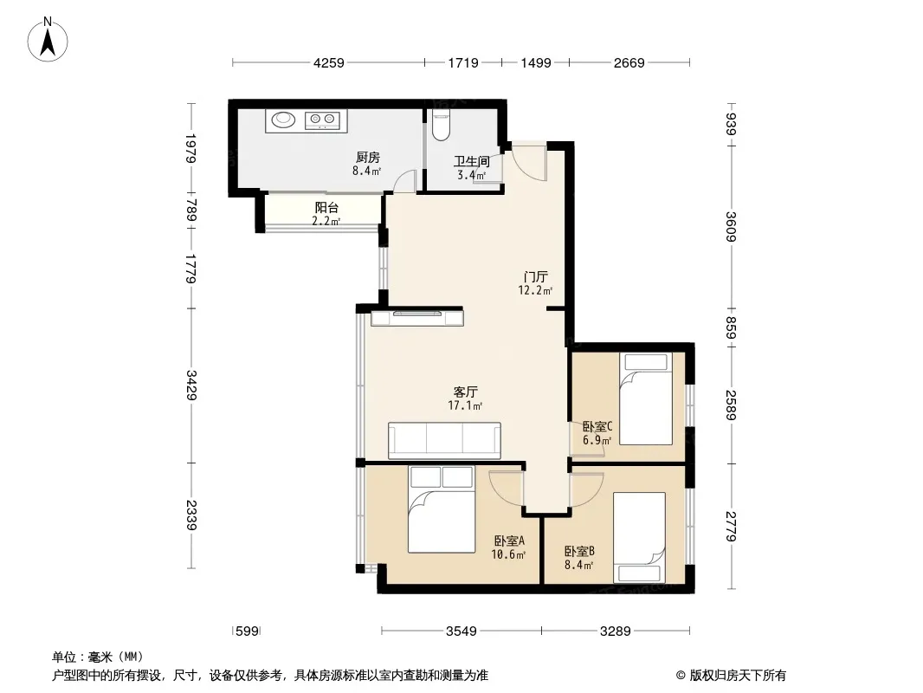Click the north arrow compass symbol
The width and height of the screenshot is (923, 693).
(x=48, y=40)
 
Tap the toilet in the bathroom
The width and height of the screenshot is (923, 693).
(x=441, y=125)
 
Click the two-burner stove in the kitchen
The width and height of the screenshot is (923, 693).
(x=322, y=120)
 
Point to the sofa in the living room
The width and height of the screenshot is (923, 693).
(x=444, y=440)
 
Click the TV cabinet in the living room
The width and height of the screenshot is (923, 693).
(x=417, y=317)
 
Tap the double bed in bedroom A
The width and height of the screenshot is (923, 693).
(x=442, y=509)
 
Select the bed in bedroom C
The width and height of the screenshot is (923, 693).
(x=646, y=398)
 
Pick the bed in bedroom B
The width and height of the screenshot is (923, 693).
(x=639, y=538)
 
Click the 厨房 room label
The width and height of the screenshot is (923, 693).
(x=368, y=157)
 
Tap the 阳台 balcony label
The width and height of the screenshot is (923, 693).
(x=326, y=207)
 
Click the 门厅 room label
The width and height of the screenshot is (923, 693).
(x=536, y=276)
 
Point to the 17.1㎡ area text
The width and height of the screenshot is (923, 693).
(x=465, y=405)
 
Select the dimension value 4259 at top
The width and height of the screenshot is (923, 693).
(x=328, y=62)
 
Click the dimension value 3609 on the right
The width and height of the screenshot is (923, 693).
(x=731, y=227)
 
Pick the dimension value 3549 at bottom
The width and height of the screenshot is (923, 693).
(x=461, y=631)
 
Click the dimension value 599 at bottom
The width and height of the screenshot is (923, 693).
(x=247, y=631)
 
